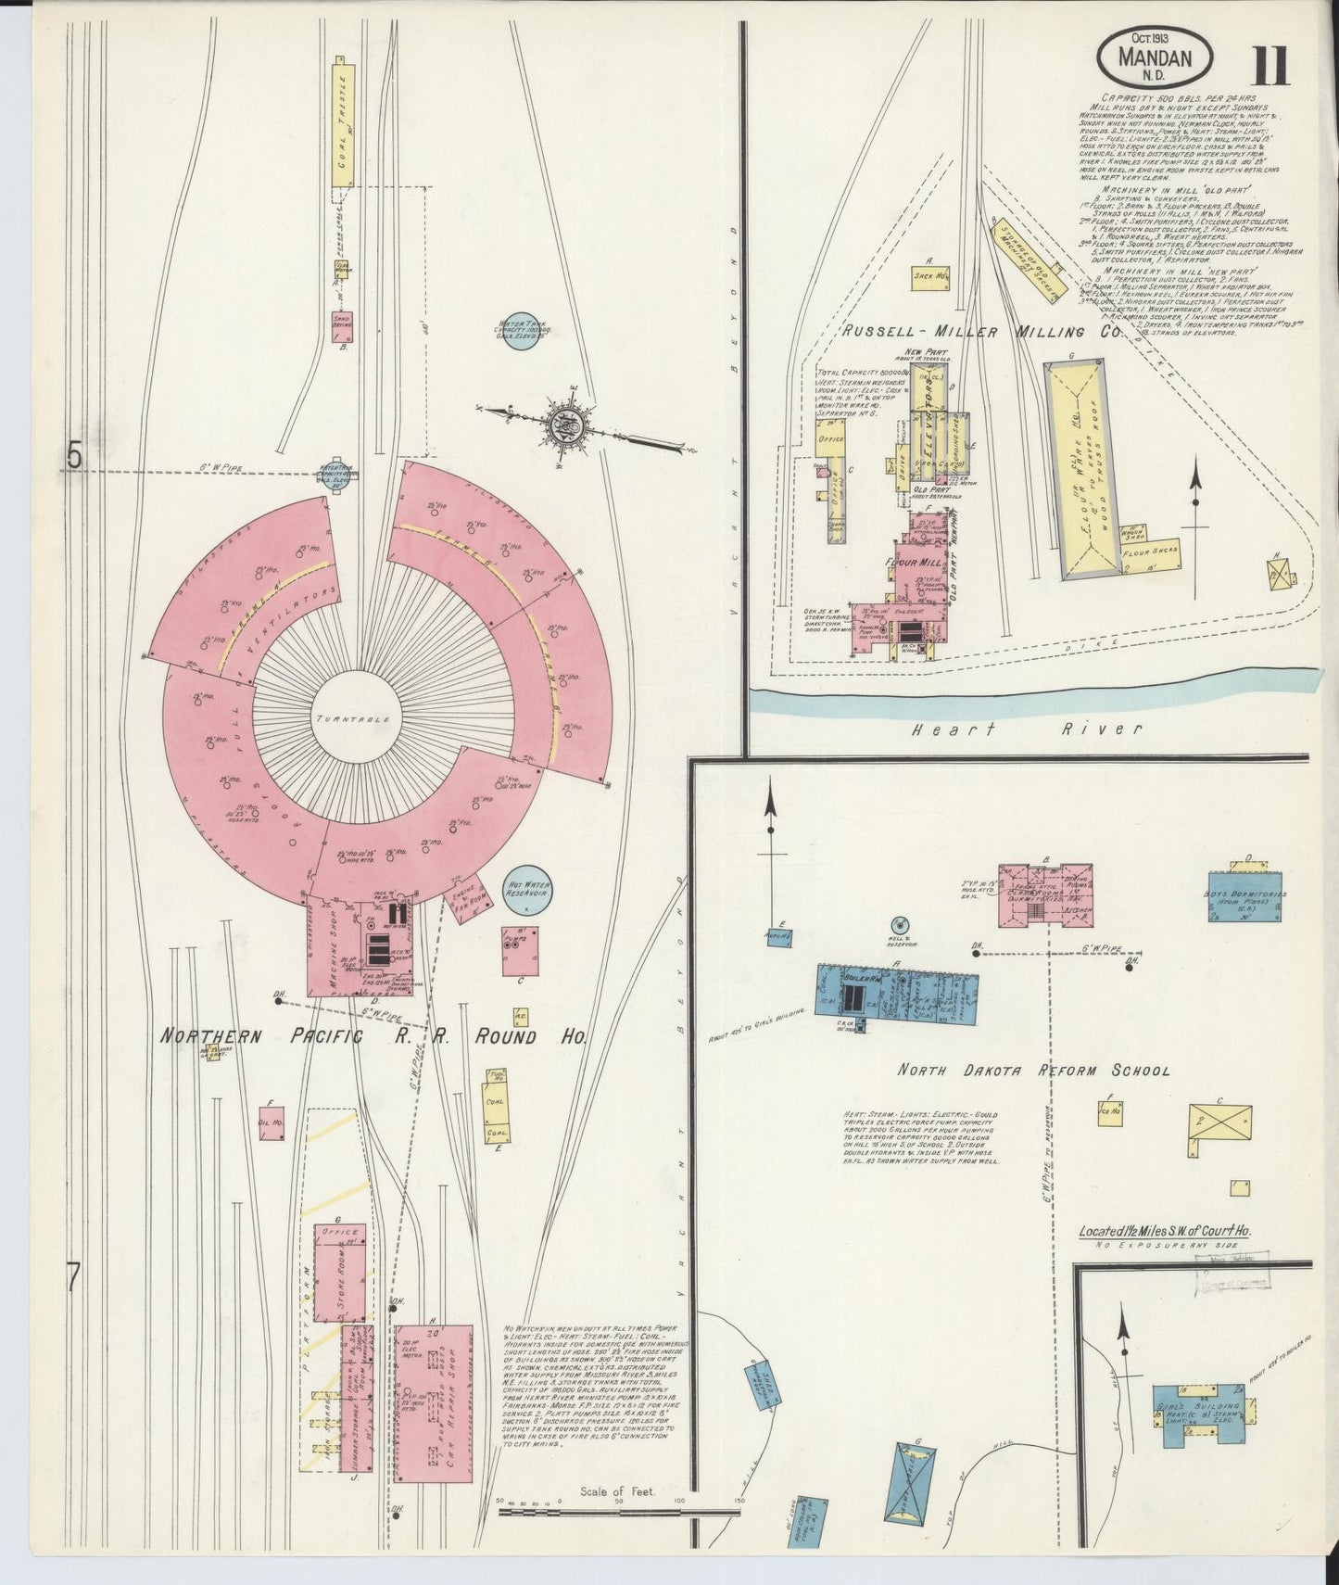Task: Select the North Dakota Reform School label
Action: click(1033, 1071)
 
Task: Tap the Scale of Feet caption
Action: click(617, 1518)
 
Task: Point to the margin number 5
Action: click(75, 456)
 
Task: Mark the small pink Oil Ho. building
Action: click(271, 1122)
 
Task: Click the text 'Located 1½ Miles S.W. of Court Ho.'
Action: click(1165, 1232)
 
